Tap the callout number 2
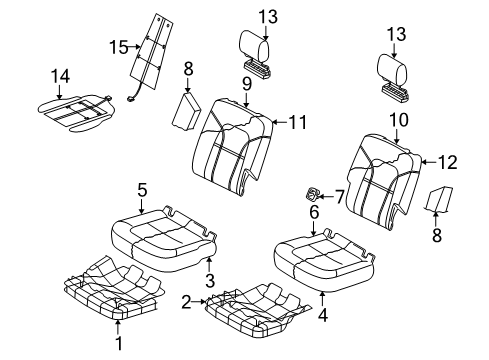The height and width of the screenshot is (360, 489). click(186, 300)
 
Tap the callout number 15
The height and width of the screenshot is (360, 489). click(117, 47)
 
